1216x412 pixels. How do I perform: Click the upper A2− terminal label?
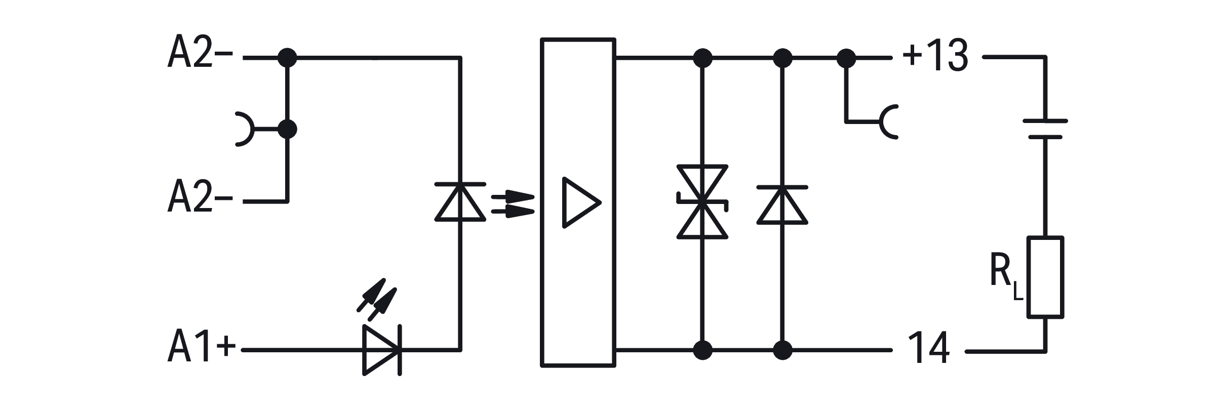tap(200, 52)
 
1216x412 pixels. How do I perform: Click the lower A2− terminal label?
tap(200, 196)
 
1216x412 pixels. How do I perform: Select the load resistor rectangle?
tap(1045, 277)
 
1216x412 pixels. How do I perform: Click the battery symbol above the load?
tap(1045, 129)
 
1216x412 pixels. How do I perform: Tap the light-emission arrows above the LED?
tap(377, 300)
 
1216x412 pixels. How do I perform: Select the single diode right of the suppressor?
tap(782, 204)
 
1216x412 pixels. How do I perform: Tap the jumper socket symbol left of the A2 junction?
tap(245, 130)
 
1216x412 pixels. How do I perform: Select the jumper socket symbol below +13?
tap(889, 122)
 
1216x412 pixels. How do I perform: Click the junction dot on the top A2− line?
tap(287, 58)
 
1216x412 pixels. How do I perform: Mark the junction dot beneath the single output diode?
tap(782, 350)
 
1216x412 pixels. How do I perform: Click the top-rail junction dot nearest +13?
tap(846, 58)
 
